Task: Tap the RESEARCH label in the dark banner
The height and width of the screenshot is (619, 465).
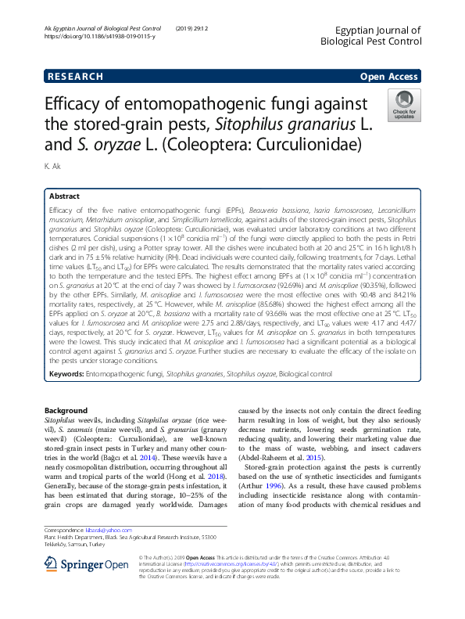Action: pyautogui.click(x=75, y=77)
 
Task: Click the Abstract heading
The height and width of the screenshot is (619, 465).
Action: pyautogui.click(x=64, y=196)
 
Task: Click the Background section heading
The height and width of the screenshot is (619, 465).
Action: pyautogui.click(x=66, y=411)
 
